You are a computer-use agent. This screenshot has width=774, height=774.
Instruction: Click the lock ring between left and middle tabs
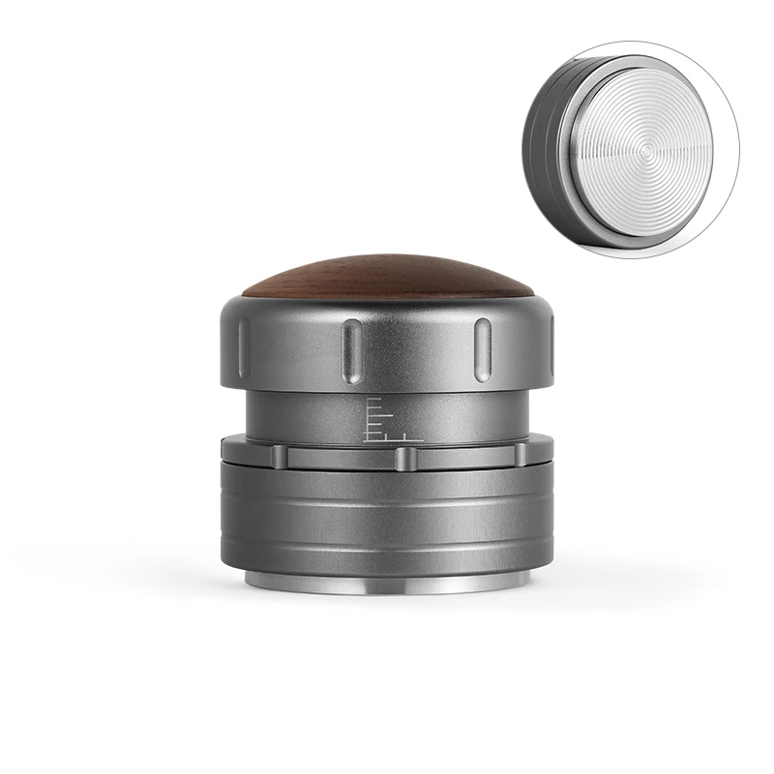(338, 457)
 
